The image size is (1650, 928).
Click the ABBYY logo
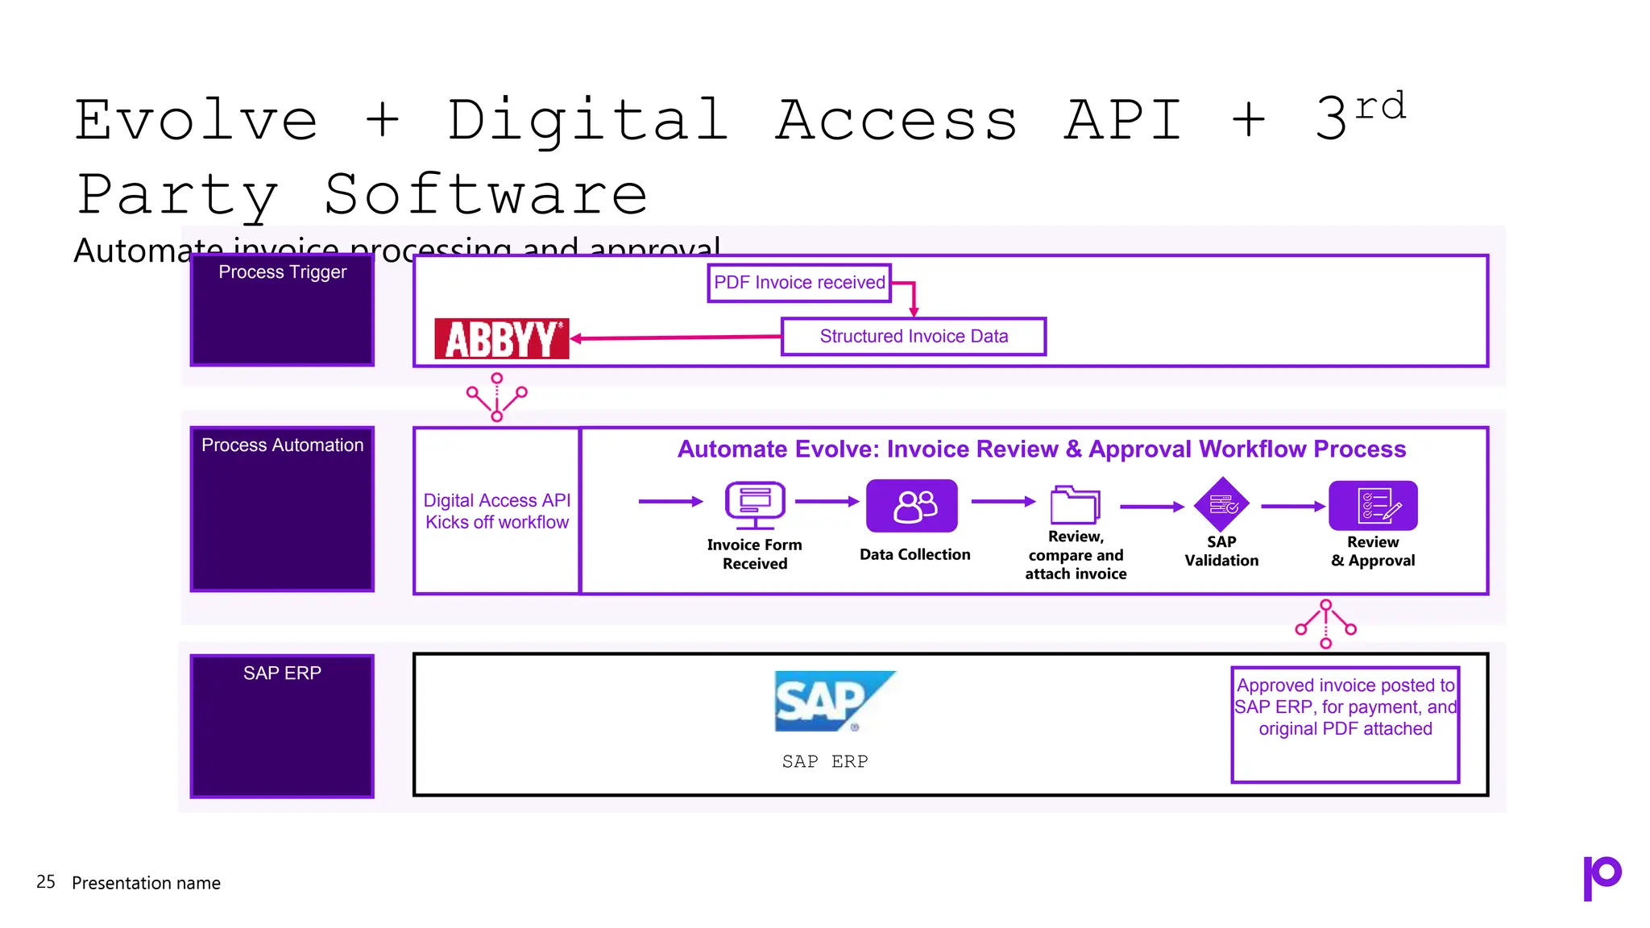tap(501, 338)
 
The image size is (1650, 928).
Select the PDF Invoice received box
tap(799, 283)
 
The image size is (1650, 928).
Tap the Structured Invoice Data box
tap(913, 337)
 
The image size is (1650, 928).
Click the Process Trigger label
tap(282, 272)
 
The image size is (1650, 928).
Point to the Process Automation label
tap(282, 445)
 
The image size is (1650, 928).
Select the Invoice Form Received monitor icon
tap(754, 505)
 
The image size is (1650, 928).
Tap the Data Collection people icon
tap(911, 506)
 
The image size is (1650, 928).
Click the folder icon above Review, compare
tap(1074, 505)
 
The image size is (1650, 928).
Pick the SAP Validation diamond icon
tap(1221, 505)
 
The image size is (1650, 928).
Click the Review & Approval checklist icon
tap(1372, 505)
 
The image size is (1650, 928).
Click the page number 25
tap(46, 882)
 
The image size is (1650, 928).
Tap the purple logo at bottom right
tap(1601, 877)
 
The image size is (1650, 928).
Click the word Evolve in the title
tap(196, 121)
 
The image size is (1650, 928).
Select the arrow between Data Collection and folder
tap(1002, 502)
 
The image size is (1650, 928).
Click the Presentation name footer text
tap(146, 883)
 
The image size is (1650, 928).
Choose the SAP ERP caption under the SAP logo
tap(824, 761)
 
